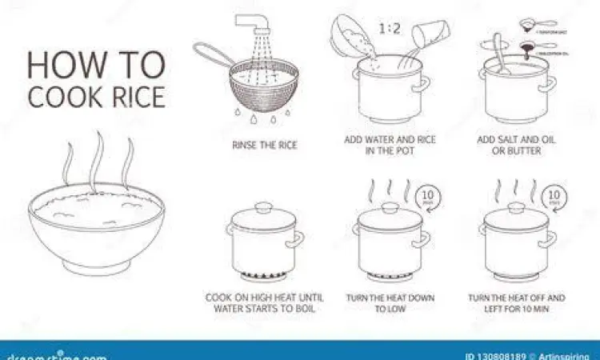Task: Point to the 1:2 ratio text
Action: coord(389,30)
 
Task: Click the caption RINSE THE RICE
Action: coord(263,145)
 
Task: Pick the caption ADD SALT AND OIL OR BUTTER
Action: coord(516,145)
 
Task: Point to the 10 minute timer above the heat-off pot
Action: coord(551,197)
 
